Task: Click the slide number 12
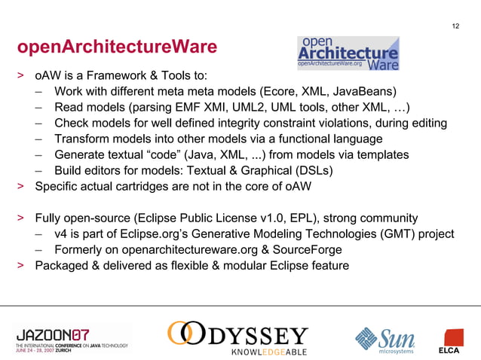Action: (455, 27)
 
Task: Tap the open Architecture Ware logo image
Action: (348, 53)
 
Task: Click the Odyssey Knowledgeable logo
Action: (237, 338)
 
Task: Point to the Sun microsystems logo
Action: (385, 338)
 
